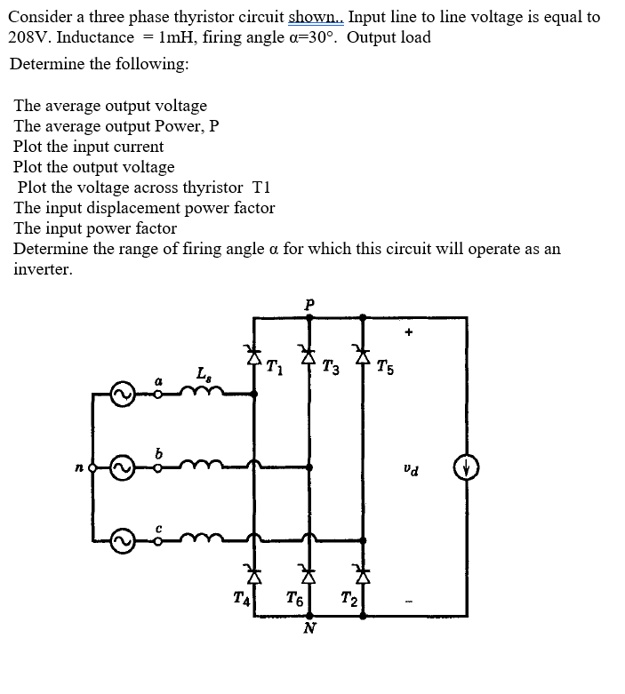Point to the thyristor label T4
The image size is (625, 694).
click(238, 598)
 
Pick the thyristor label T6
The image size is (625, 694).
click(294, 600)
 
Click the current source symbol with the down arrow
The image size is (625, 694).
click(467, 466)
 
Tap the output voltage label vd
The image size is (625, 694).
click(410, 467)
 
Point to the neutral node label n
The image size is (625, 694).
click(79, 466)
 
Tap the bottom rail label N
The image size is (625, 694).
click(309, 628)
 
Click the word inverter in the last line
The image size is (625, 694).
click(43, 269)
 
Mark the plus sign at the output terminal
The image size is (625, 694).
click(409, 333)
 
